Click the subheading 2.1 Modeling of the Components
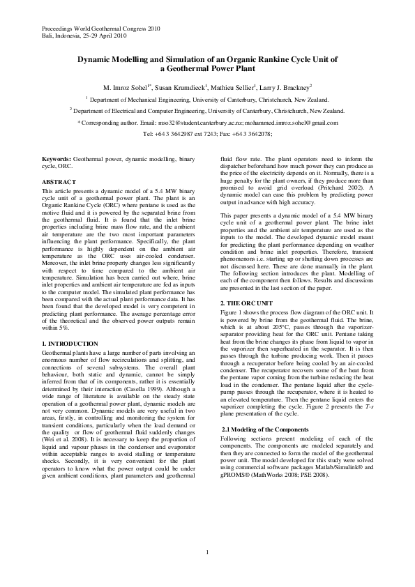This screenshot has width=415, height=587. [x=266, y=429]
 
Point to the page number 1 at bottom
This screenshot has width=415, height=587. [x=207, y=552]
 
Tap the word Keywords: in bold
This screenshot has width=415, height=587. [x=56, y=159]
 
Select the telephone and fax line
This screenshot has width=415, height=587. [x=207, y=133]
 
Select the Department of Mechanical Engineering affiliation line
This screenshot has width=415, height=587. [x=207, y=100]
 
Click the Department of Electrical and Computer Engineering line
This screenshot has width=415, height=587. [x=207, y=111]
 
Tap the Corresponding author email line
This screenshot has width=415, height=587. [x=207, y=122]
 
